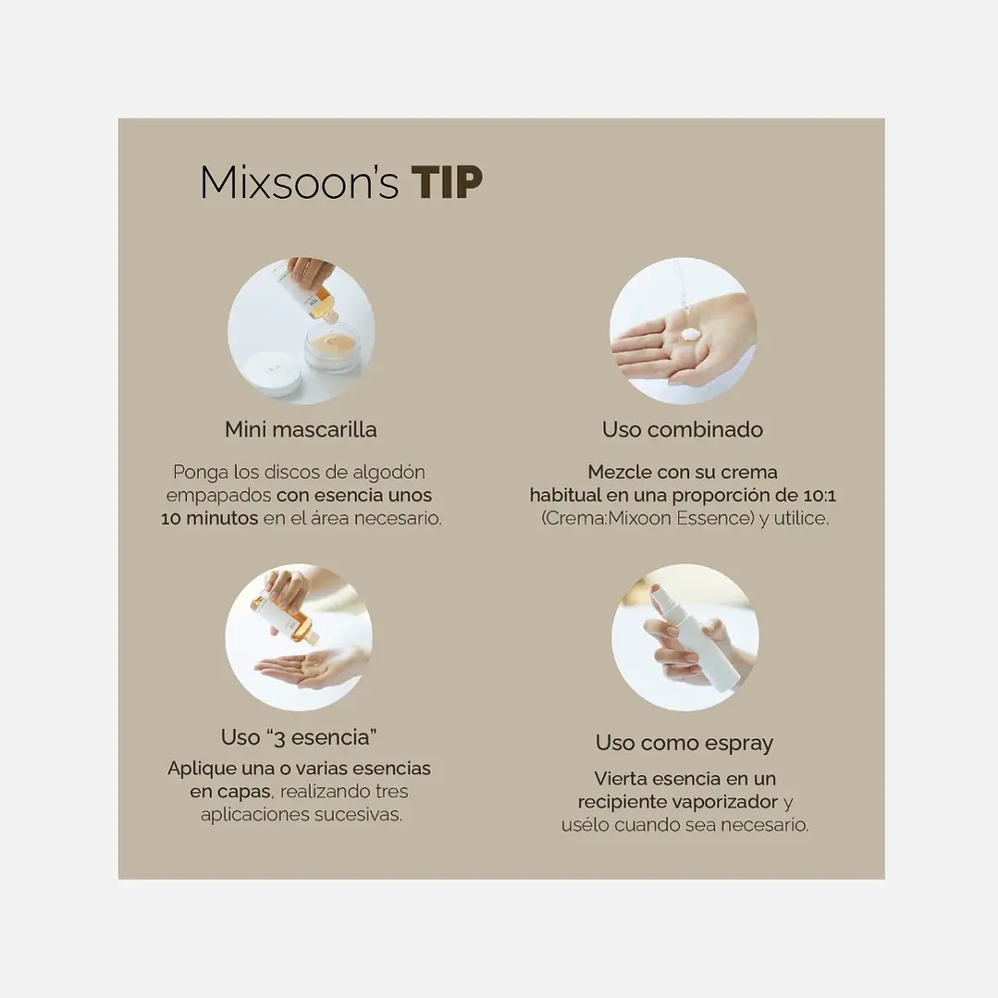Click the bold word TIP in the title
pyautogui.click(x=447, y=182)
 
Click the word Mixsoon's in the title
pyautogui.click(x=299, y=182)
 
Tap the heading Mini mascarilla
pyautogui.click(x=301, y=429)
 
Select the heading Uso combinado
pyautogui.click(x=683, y=429)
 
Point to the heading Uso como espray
pyautogui.click(x=684, y=744)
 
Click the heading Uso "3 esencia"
pyautogui.click(x=299, y=737)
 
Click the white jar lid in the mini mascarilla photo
pyautogui.click(x=274, y=375)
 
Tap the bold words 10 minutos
pyautogui.click(x=209, y=519)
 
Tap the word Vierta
pyautogui.click(x=620, y=779)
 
